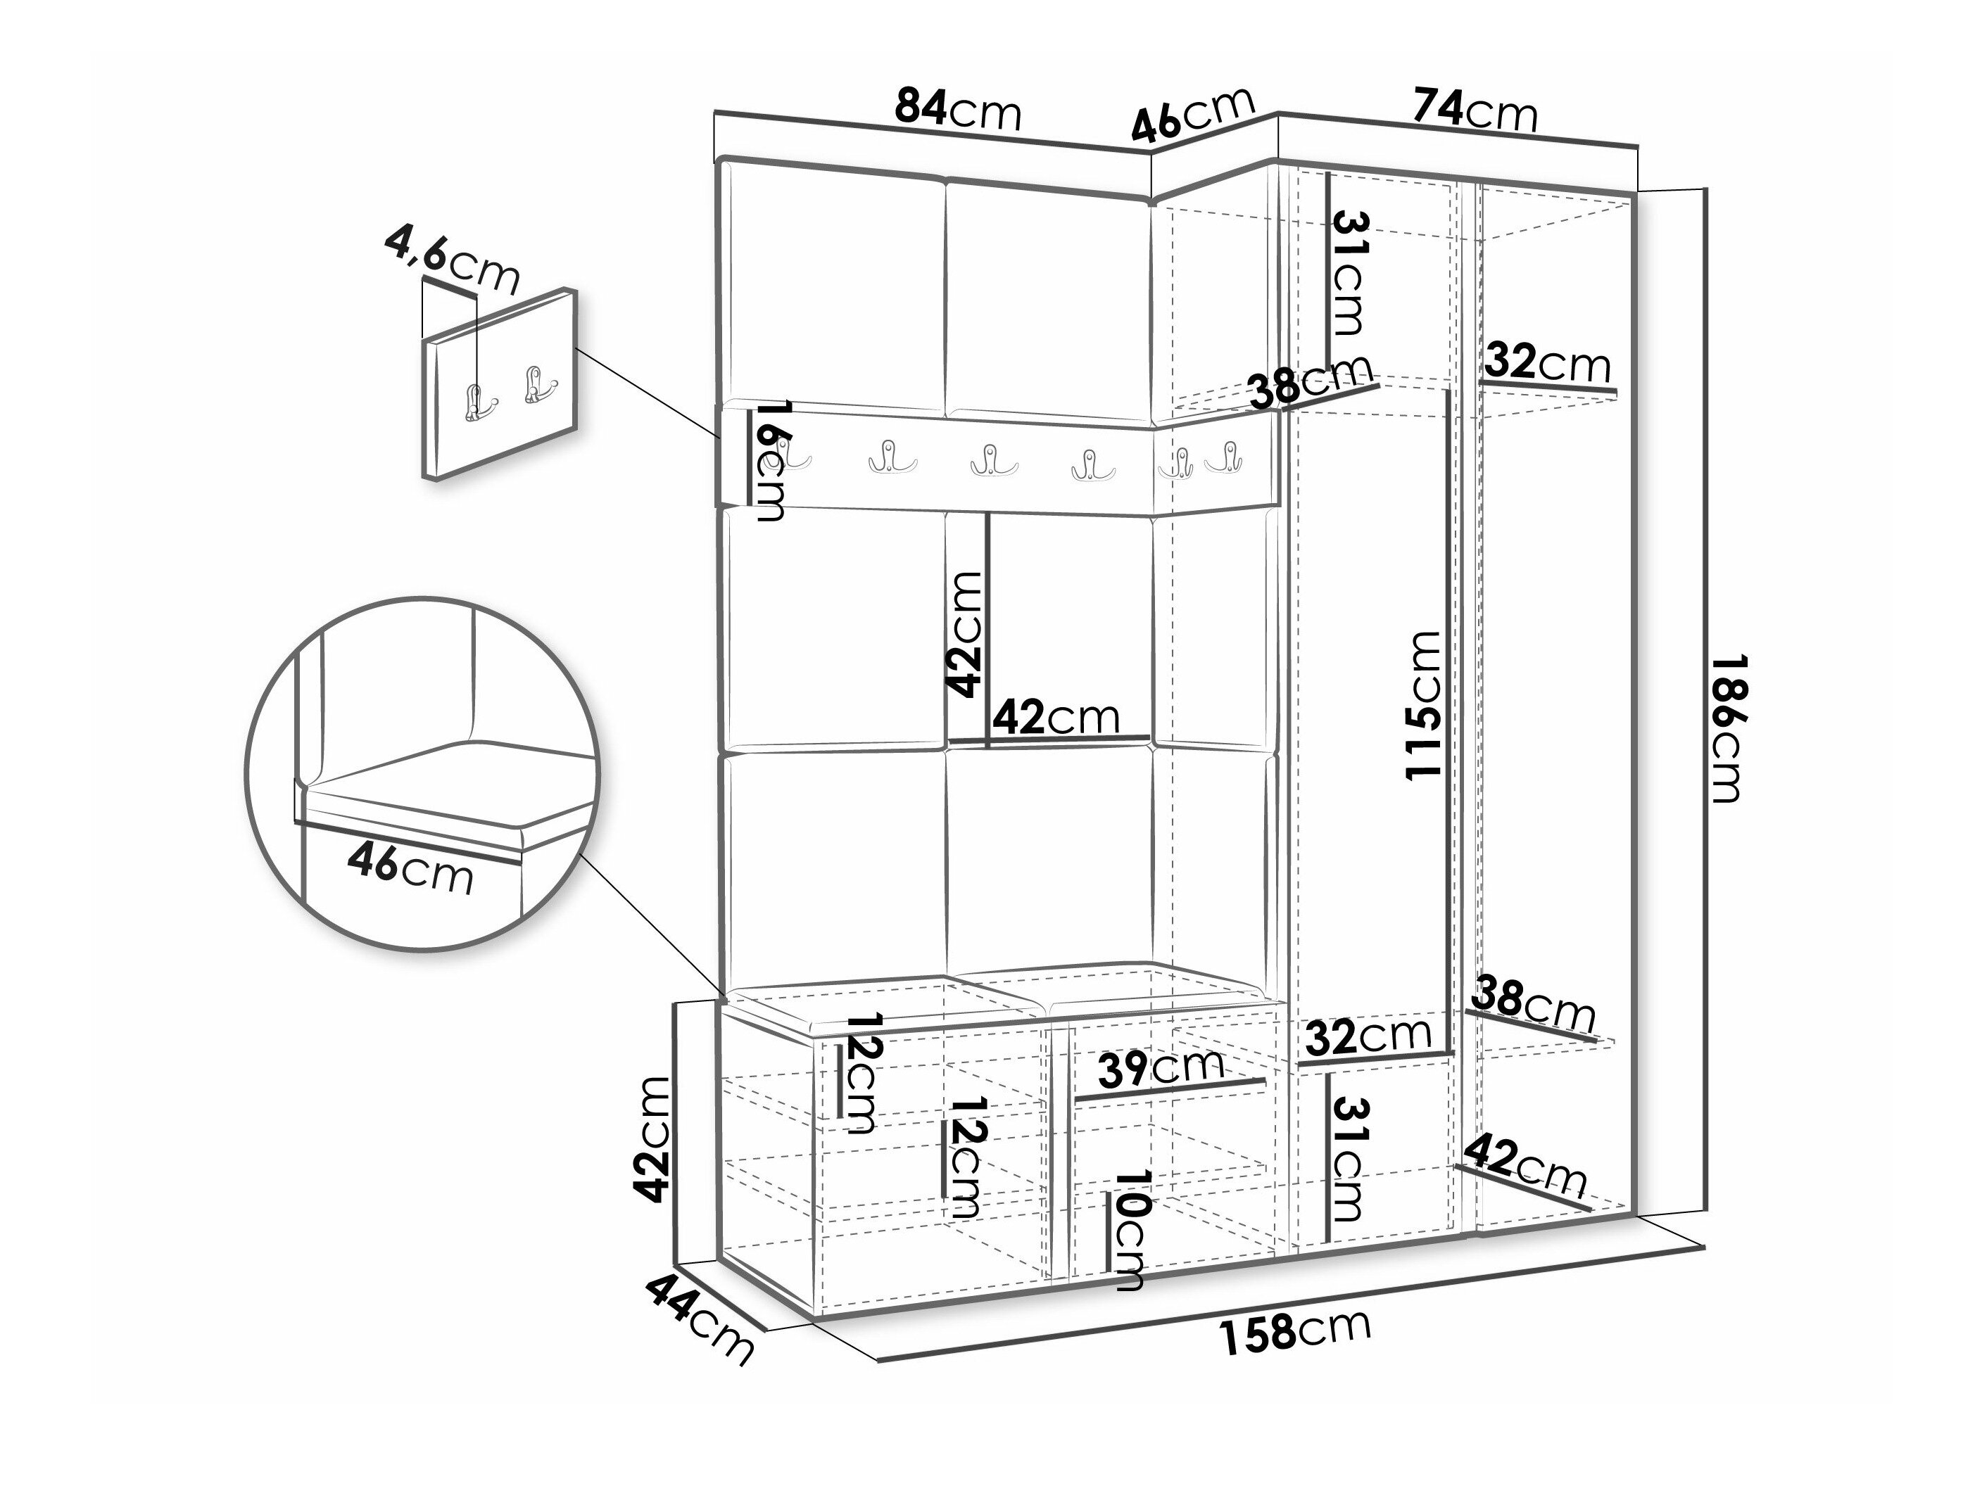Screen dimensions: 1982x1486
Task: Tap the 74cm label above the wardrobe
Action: coord(1475,110)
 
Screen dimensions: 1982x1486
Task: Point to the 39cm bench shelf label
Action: coord(1161,1067)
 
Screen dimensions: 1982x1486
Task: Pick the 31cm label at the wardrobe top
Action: coord(1348,272)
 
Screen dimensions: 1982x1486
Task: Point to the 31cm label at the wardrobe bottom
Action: coord(1348,1159)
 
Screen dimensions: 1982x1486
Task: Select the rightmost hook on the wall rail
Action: coord(1224,458)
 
